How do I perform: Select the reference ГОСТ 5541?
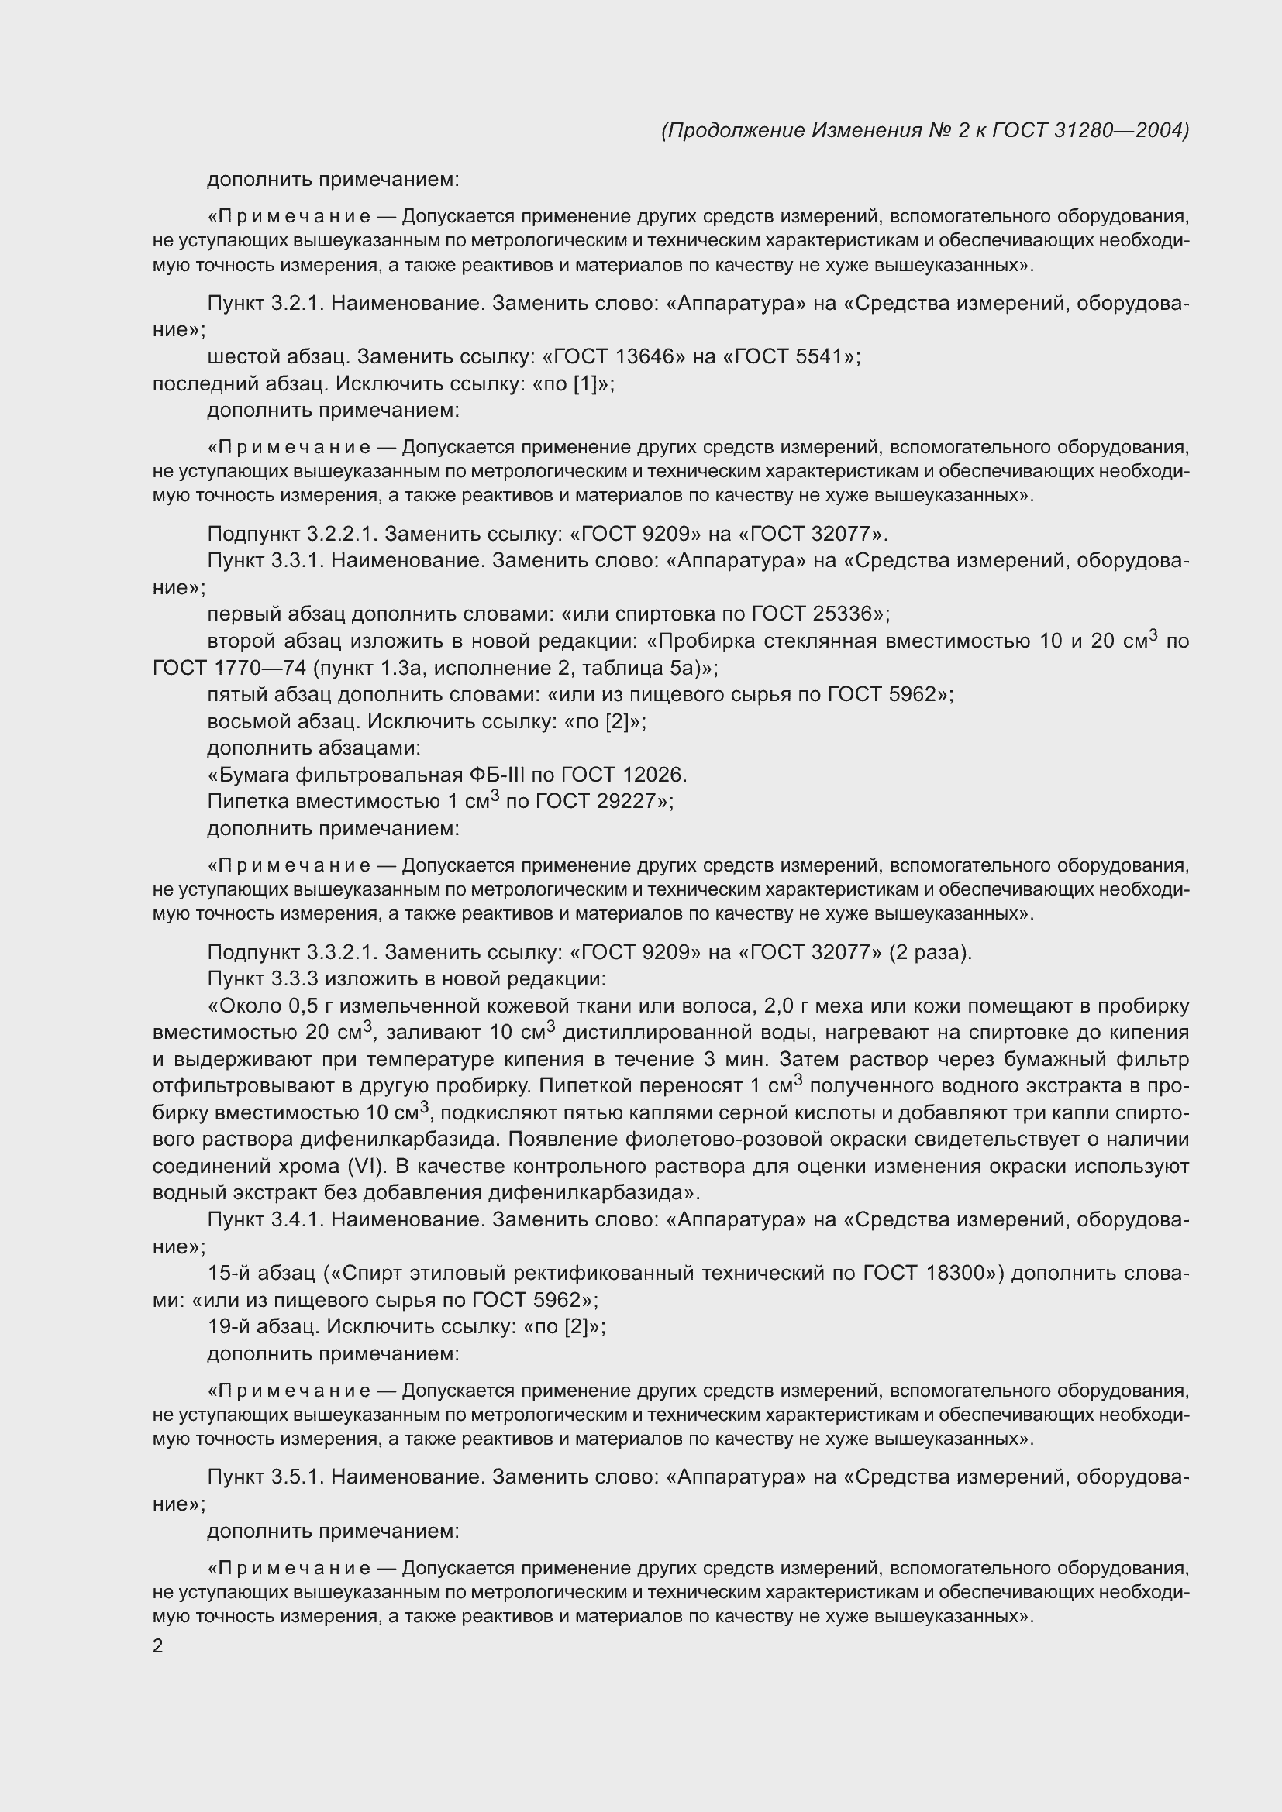click(794, 356)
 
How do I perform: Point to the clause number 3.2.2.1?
click(342, 535)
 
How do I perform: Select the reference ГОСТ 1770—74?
click(229, 668)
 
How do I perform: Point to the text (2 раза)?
click(929, 953)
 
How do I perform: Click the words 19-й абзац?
click(263, 1326)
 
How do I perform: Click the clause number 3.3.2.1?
click(342, 953)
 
